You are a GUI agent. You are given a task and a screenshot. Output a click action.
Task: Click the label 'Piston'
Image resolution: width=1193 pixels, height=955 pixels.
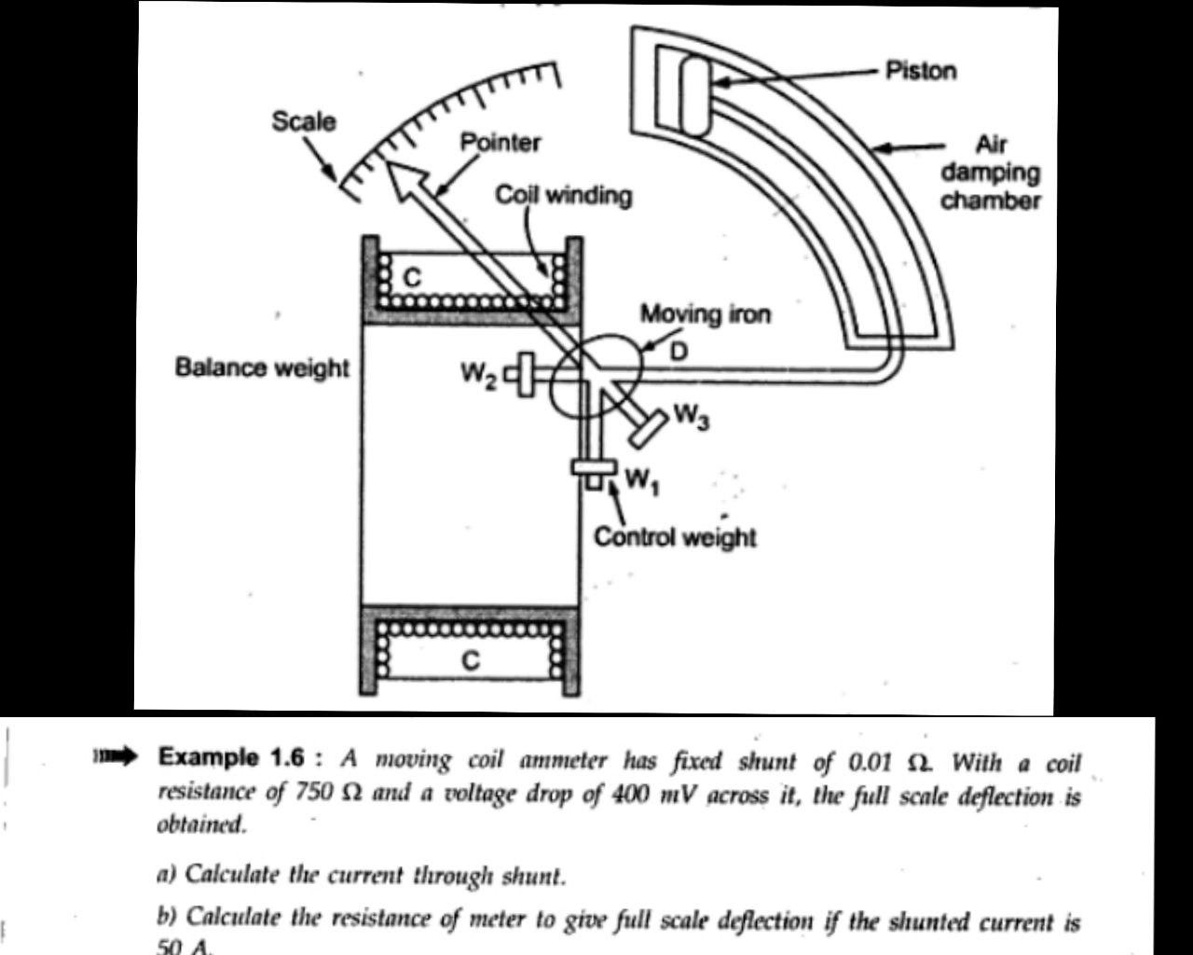tap(920, 71)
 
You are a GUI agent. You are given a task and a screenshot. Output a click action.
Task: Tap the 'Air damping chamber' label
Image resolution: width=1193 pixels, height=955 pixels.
tap(990, 173)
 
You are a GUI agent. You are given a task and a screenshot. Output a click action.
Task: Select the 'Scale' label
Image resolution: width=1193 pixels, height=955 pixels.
tap(304, 121)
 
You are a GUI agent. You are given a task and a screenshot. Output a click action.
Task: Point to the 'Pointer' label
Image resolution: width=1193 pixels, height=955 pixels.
tap(501, 143)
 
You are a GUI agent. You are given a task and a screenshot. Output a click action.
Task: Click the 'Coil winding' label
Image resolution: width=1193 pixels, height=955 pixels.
tap(563, 195)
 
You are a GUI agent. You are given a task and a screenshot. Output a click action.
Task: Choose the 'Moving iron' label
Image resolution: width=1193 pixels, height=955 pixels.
tap(706, 314)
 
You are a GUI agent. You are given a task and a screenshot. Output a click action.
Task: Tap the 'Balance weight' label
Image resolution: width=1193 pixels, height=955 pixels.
tap(262, 367)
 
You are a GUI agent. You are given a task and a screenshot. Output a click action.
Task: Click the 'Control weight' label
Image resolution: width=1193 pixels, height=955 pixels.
tap(675, 537)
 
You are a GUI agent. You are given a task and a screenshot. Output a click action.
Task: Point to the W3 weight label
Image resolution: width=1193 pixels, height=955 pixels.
tap(691, 416)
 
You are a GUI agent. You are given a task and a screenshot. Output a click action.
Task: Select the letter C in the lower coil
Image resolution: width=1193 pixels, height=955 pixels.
tap(472, 660)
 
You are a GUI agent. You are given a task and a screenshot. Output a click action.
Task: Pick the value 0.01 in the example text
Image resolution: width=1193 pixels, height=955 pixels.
tap(871, 762)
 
